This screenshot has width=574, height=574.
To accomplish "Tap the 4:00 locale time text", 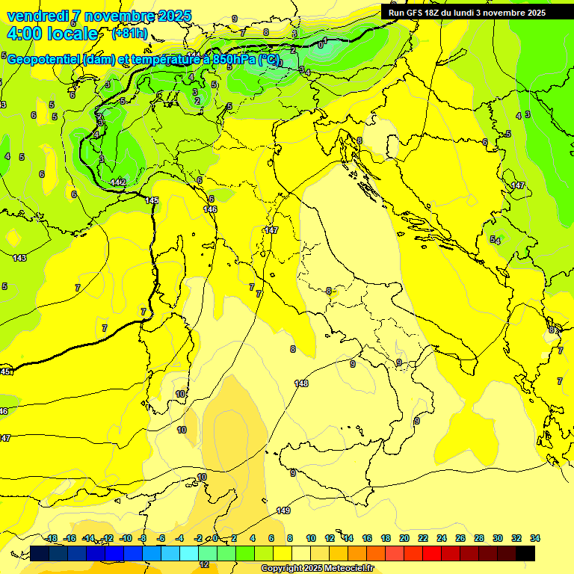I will (x=52, y=34).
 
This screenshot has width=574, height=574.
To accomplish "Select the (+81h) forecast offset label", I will (x=129, y=34).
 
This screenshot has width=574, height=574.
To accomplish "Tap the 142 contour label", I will (x=117, y=182).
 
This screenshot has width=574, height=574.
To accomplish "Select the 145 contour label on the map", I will (x=152, y=200).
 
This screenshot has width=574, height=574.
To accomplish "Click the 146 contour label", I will (x=210, y=209).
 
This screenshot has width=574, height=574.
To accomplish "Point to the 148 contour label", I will (x=301, y=383).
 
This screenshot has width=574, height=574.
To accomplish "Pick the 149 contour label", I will (x=283, y=510).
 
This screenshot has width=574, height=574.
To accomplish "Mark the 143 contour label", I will (x=19, y=258).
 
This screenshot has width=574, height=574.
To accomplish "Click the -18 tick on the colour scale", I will (x=52, y=538).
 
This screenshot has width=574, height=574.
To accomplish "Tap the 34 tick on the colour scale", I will (x=535, y=538).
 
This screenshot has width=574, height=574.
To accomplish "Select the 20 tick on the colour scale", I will (x=404, y=538).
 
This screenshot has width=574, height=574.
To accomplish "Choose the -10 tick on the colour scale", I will (x=126, y=538).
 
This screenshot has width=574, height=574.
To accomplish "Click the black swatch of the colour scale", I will (x=525, y=553).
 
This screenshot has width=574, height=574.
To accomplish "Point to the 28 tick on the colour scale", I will (x=479, y=538).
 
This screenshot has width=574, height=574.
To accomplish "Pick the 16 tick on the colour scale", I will (x=367, y=538).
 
